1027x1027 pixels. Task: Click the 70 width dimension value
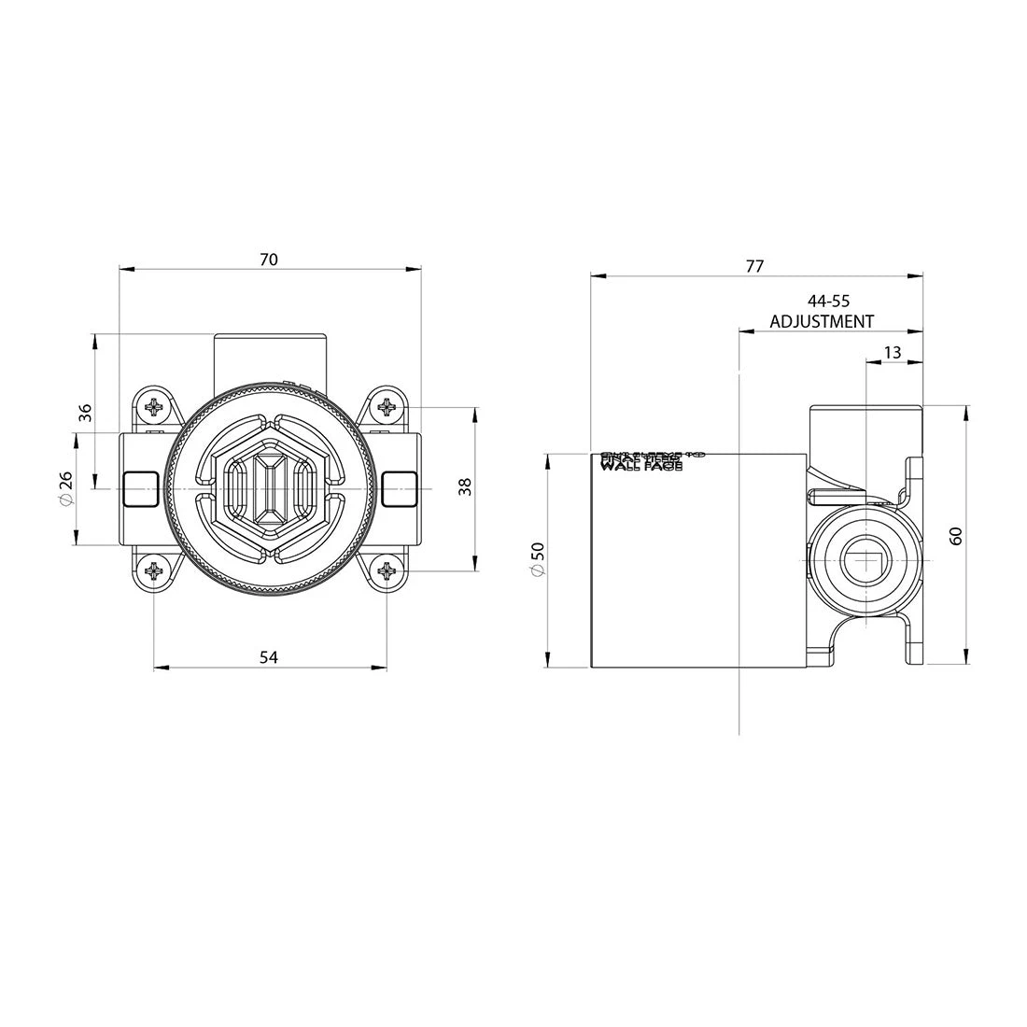(268, 260)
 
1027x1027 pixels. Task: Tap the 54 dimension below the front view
(268, 657)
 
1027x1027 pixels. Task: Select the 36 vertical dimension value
(85, 412)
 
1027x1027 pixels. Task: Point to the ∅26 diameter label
(65, 489)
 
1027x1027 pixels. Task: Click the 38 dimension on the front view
(466, 486)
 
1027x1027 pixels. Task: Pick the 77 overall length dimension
(754, 266)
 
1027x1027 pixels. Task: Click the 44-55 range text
(829, 301)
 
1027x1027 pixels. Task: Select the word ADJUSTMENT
(822, 321)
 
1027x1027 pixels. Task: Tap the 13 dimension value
(892, 352)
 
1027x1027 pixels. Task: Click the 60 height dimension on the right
(956, 535)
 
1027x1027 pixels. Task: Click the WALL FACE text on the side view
(640, 464)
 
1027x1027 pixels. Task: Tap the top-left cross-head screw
(153, 407)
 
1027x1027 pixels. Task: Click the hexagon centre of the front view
(269, 489)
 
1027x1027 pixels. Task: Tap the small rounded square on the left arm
(139, 487)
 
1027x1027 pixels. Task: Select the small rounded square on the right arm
(399, 487)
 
